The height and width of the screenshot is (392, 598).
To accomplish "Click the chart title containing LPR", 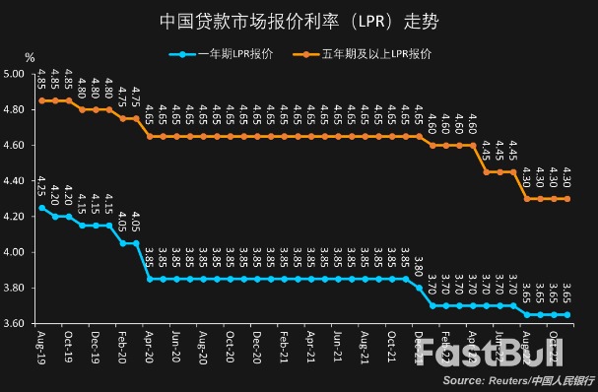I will [x=299, y=20].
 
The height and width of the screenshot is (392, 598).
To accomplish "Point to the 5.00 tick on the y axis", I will [x=14, y=74].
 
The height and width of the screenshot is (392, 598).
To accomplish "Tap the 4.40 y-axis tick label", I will [x=14, y=181].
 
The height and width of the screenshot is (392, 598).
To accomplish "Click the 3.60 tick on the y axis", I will [x=14, y=324].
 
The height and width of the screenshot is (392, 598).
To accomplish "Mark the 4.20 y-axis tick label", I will [x=14, y=217].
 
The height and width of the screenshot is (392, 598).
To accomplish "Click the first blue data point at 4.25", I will [x=41, y=208].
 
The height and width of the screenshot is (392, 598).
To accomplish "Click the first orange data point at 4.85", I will [x=41, y=100].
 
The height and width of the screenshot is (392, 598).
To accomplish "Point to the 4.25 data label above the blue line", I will [x=40, y=187].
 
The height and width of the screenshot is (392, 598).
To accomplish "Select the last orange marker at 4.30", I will [x=567, y=199].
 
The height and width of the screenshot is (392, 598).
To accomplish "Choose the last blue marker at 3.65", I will [x=567, y=315].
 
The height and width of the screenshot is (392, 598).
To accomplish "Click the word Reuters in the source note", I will [x=502, y=380].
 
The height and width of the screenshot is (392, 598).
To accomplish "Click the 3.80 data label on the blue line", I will [x=419, y=264].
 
